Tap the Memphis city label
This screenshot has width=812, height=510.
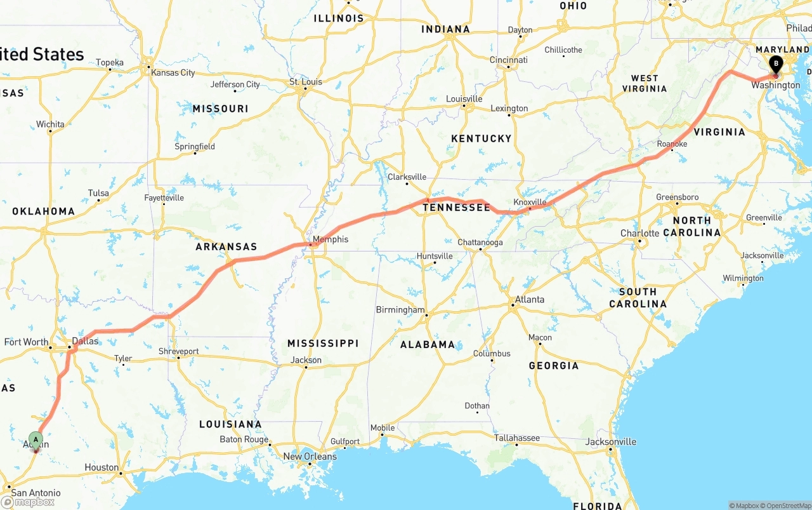(331, 239)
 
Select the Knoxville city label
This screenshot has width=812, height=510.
(530, 202)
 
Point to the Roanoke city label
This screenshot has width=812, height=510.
(672, 144)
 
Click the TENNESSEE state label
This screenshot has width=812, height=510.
(456, 208)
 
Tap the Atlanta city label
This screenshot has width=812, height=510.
(530, 299)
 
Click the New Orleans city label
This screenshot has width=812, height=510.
(310, 456)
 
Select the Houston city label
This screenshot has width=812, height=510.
(101, 467)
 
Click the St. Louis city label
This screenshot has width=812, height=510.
(306, 81)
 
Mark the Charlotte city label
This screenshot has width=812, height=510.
(639, 233)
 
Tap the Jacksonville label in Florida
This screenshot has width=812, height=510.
(611, 441)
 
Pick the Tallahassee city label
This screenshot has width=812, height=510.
(517, 438)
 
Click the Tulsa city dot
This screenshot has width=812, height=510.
(99, 201)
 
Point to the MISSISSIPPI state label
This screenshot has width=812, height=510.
(323, 343)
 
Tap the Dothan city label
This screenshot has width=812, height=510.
(476, 405)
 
